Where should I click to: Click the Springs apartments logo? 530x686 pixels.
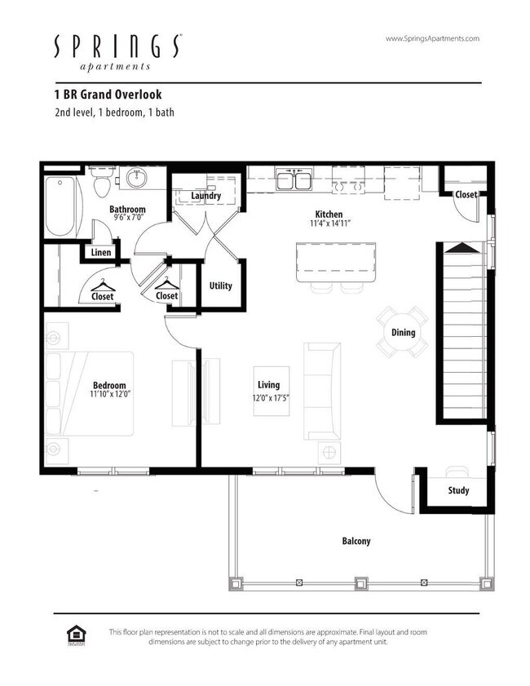[x=117, y=51]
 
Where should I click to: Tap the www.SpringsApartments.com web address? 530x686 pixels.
[x=431, y=38]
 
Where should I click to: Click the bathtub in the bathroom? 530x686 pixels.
[x=60, y=205]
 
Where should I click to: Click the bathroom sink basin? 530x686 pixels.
[x=135, y=177]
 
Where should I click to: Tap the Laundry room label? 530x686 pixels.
[x=206, y=196]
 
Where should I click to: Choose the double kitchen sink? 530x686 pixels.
[x=294, y=179]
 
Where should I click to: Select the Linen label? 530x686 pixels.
[x=101, y=253]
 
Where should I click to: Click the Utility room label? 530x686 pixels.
[x=220, y=285]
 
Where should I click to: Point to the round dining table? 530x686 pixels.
[x=403, y=332]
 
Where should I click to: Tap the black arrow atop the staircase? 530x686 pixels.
[x=461, y=247]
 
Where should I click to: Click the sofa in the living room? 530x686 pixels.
[x=322, y=390]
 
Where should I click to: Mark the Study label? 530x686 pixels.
[x=458, y=491]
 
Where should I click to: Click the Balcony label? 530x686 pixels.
[x=356, y=541]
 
